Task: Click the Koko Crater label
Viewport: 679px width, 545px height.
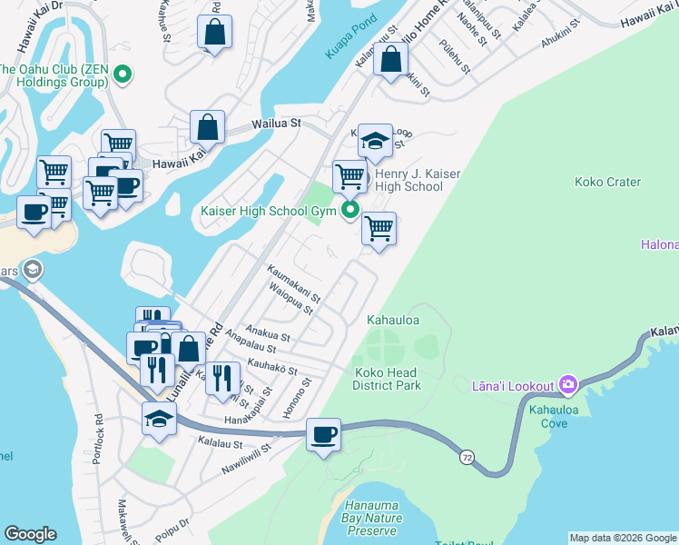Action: (607, 182)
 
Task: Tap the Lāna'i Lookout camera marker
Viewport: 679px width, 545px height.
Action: (568, 386)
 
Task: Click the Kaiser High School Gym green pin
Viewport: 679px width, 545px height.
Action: (349, 212)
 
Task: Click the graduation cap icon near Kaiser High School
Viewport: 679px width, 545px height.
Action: (374, 141)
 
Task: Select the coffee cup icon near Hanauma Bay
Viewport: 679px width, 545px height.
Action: (323, 434)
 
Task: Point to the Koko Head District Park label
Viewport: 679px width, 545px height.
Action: (388, 379)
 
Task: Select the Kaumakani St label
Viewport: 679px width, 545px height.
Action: (293, 284)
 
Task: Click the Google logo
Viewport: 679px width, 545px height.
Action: (31, 534)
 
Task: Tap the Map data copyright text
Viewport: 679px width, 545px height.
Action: (623, 538)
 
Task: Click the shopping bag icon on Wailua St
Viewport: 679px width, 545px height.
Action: (208, 128)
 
